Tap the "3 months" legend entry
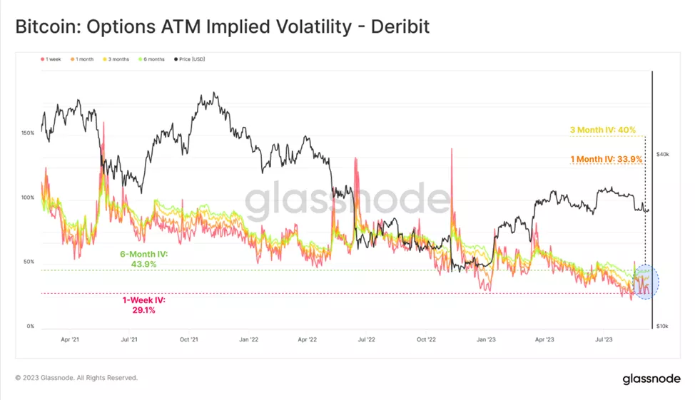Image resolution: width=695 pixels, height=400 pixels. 117,59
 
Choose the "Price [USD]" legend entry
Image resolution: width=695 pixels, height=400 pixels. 188,59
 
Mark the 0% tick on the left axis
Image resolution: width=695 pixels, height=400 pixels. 30,327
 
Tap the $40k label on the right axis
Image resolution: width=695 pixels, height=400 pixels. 661,154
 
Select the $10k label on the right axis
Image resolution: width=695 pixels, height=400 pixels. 661,327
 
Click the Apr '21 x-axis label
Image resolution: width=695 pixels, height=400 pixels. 70,340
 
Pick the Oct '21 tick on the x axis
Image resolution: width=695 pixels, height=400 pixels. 188,340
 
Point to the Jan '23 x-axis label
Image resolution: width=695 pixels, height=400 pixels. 487,340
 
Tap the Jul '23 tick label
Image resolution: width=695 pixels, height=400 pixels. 604,340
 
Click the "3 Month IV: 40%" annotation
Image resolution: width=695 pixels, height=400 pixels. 602,130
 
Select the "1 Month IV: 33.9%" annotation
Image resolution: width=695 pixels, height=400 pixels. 607,159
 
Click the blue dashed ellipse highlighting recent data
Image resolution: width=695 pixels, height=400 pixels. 645,282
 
